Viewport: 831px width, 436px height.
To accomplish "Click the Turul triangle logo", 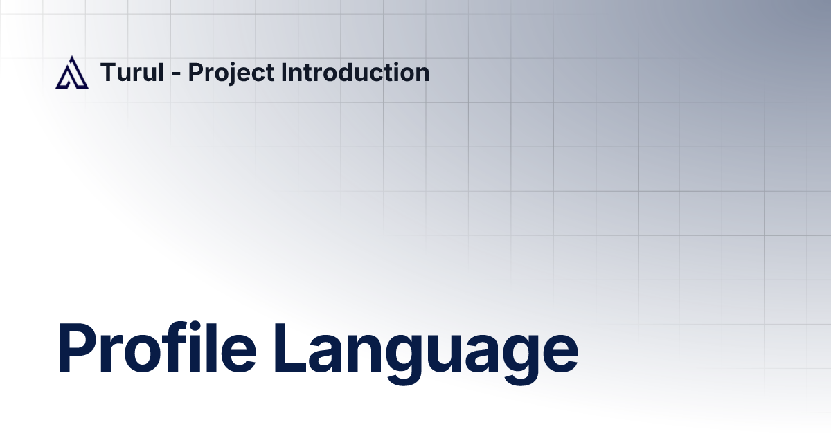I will (72, 73).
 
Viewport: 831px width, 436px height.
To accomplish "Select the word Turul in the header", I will (132, 73).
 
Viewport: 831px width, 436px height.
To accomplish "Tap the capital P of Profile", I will (79, 350).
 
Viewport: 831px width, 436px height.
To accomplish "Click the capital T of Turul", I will (108, 73).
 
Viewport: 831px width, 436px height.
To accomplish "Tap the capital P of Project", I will (195, 73).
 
